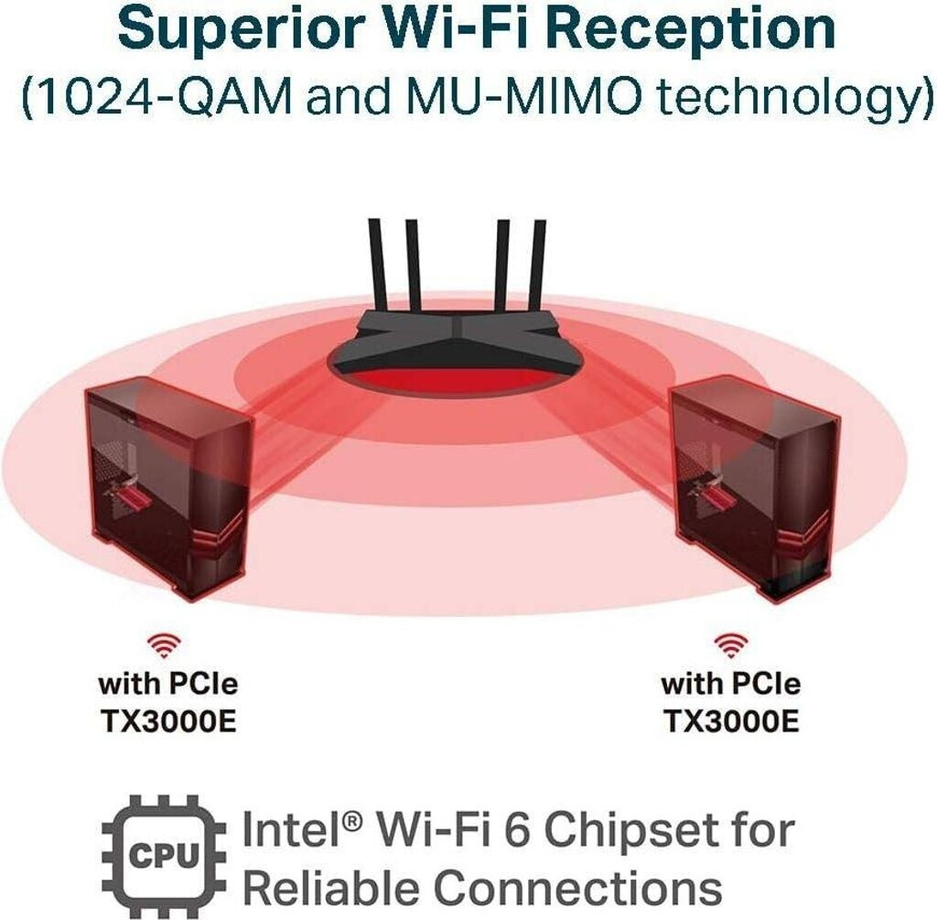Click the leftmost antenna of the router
click(375, 265)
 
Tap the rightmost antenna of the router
click(538, 265)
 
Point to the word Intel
click(297, 831)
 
